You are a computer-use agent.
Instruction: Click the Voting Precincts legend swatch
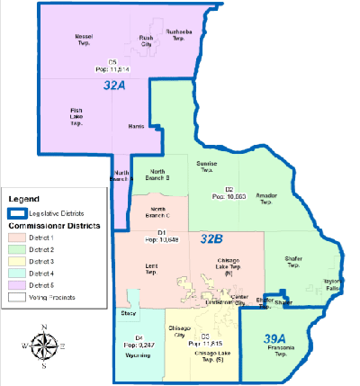click(x=17, y=294)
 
